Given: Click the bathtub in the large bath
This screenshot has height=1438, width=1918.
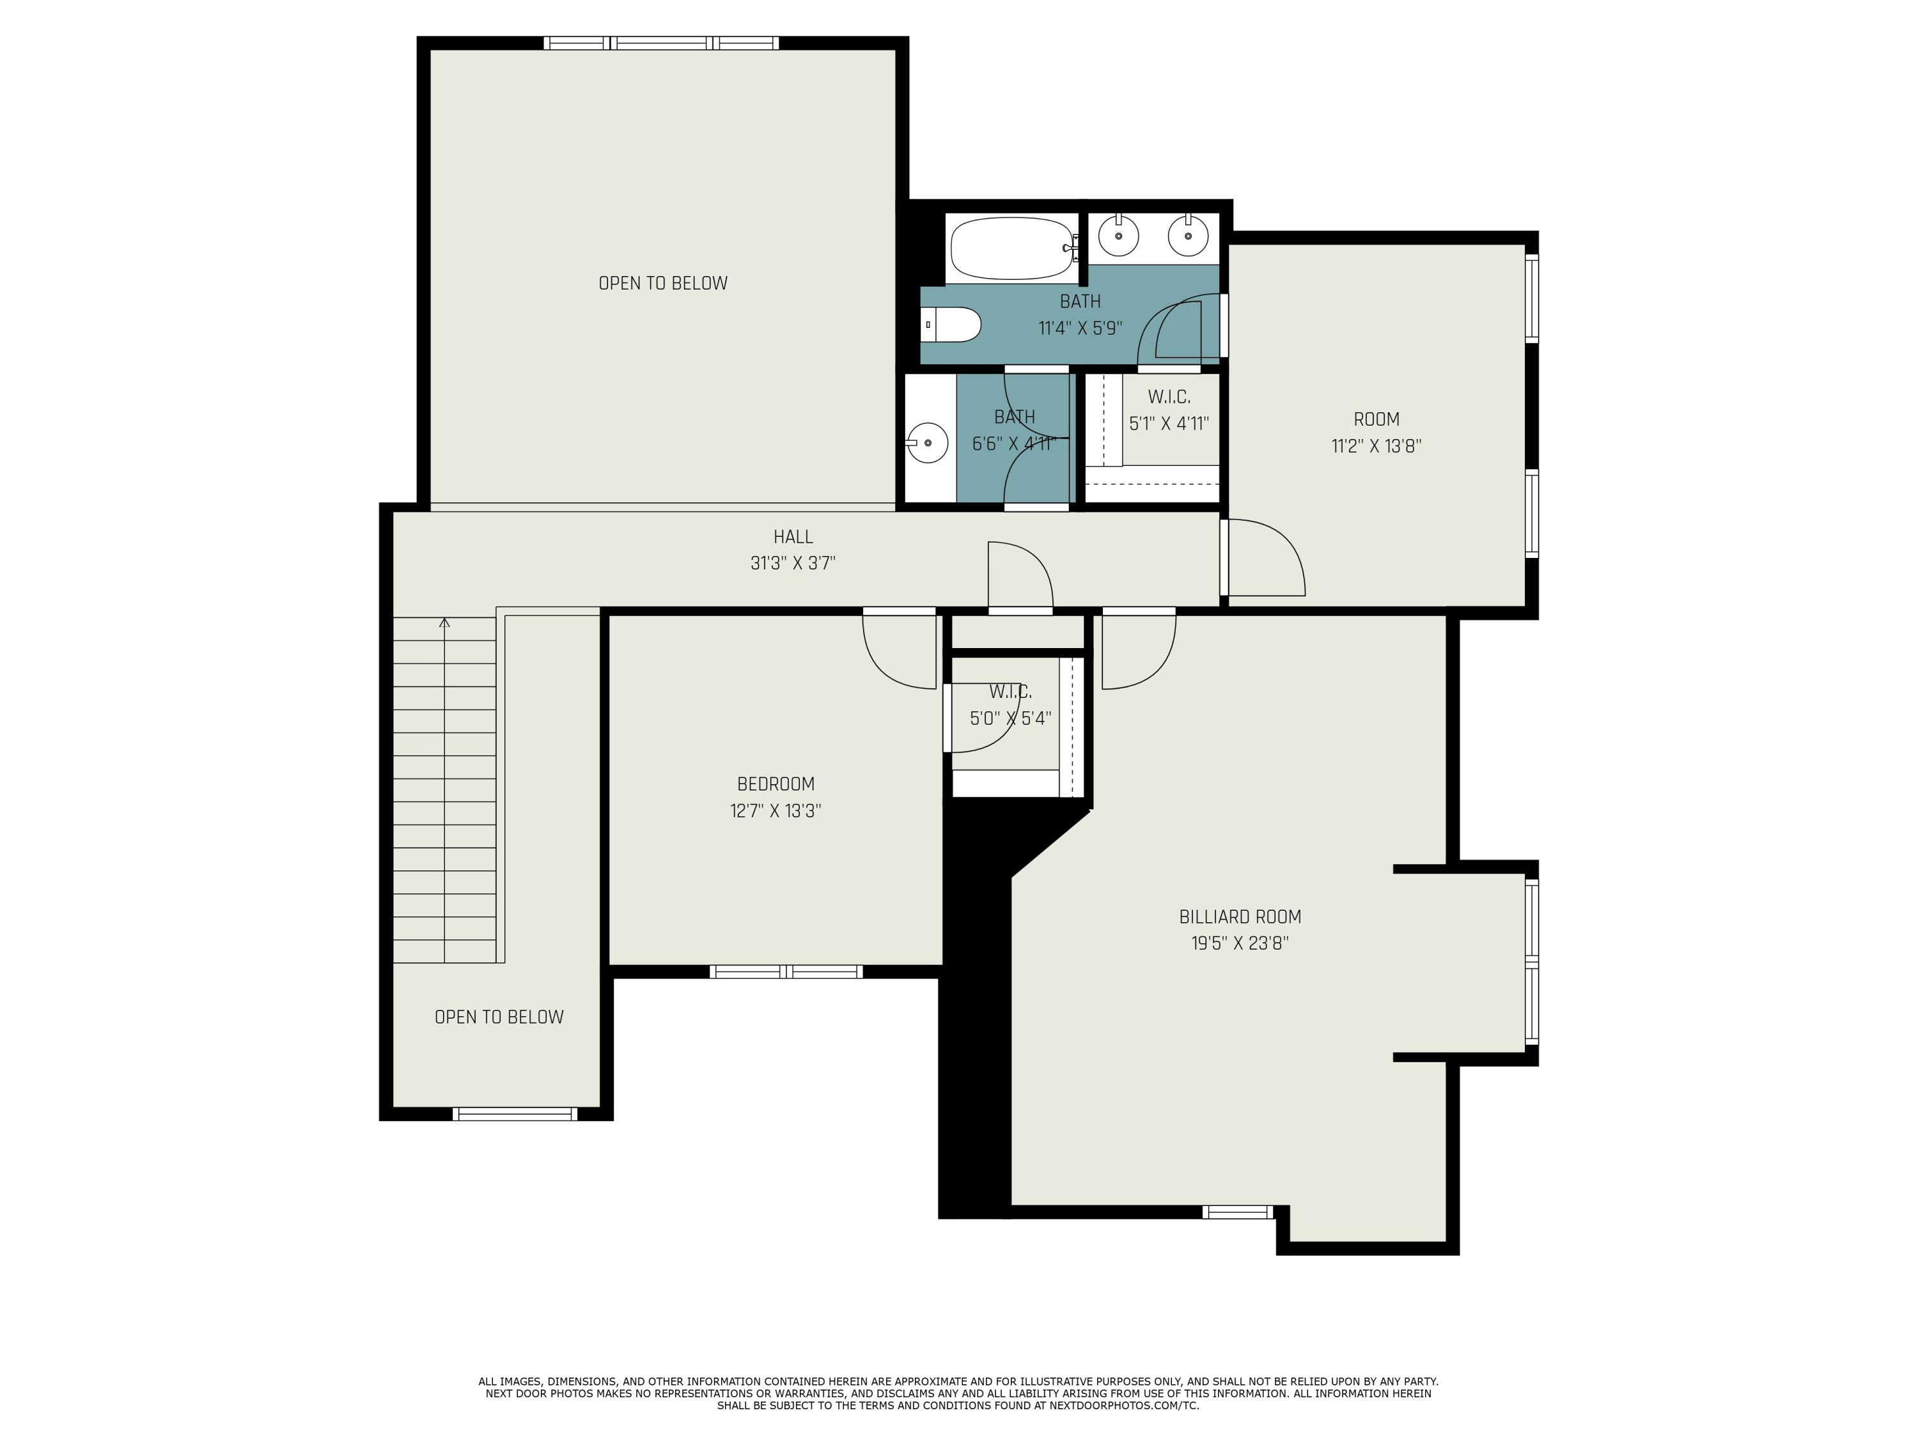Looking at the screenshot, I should [x=1012, y=248].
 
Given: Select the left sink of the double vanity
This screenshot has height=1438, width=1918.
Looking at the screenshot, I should [x=1119, y=235].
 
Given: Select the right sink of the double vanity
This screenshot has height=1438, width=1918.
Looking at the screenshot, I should [x=1188, y=235].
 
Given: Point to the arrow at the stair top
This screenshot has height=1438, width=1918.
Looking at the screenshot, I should [x=445, y=623].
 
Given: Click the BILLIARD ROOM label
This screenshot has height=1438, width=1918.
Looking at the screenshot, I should [x=1239, y=916].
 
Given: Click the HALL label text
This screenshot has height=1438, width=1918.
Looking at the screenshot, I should [x=793, y=537].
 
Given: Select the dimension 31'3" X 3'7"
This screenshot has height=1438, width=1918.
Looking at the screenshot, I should [x=793, y=564].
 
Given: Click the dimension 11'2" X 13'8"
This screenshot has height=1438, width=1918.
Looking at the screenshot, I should [x=1376, y=446].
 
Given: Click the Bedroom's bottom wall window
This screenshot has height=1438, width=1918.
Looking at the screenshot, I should [x=786, y=971].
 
